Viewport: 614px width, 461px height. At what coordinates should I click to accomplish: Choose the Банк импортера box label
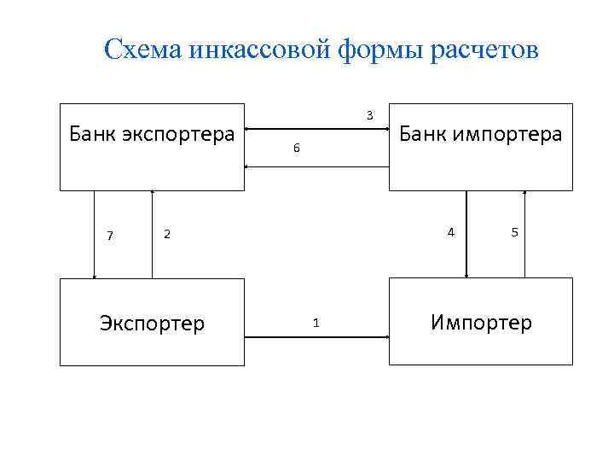coord(480,134)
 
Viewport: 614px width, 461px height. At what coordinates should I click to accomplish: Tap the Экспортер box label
coord(152,324)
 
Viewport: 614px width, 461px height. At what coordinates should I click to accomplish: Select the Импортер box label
coord(481,323)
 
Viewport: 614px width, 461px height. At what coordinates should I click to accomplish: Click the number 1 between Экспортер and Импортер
coord(316,323)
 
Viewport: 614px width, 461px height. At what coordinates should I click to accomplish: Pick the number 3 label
coord(368,115)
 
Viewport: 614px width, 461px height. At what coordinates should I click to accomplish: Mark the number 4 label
coord(451,231)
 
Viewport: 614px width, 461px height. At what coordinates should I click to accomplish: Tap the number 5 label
coord(514,232)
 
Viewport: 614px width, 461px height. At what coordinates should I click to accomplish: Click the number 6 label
coord(296,149)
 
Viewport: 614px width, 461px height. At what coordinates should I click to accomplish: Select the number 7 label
coord(110,236)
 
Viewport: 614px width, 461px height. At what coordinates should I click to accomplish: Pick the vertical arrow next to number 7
coord(94,234)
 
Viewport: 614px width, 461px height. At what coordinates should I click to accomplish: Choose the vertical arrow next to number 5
coord(524,234)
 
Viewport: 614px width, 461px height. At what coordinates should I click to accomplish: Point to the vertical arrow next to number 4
coord(466,234)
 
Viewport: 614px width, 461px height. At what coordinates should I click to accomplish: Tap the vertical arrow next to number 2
coord(152,234)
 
